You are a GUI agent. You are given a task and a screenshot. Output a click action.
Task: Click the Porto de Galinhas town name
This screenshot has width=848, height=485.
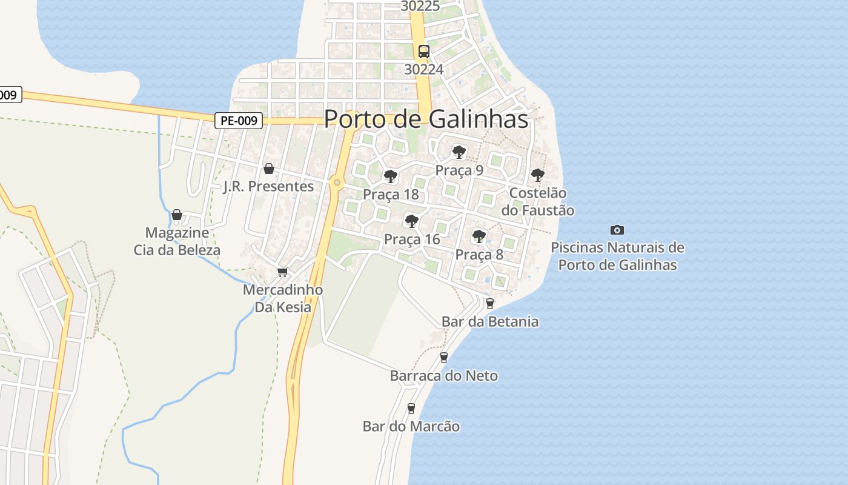point(426,119)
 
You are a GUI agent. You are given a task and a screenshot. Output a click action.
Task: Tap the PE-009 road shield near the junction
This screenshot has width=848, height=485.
point(239,121)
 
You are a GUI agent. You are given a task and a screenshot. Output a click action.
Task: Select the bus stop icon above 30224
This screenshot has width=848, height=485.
point(423,52)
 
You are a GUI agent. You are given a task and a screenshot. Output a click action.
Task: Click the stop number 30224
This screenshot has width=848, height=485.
point(423,69)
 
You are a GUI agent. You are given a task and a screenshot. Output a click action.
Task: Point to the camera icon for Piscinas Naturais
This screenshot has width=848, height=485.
point(617,230)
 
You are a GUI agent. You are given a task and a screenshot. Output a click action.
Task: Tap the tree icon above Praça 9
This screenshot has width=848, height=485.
point(459,152)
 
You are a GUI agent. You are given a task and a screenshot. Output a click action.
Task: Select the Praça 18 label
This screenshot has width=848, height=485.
point(391,195)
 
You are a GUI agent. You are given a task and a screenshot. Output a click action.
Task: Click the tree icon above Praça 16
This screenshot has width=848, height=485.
point(411,221)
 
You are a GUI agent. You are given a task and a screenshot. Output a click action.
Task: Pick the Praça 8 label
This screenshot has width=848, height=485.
point(479,255)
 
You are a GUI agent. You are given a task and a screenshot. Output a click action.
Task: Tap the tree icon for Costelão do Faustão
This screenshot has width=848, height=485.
point(537,175)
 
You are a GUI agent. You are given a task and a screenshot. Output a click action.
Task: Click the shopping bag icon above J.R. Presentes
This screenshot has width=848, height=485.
point(269,168)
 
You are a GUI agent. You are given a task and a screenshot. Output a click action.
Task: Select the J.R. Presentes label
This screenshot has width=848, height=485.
point(269,186)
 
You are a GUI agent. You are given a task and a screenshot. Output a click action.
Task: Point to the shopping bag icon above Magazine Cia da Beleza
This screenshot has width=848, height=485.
point(177,215)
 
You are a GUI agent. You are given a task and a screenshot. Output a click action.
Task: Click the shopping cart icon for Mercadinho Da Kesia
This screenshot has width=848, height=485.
point(282,272)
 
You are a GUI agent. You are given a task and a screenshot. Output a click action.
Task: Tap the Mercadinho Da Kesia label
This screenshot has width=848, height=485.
point(283,298)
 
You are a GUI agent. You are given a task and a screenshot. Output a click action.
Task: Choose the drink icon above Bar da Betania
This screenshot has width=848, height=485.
point(490,304)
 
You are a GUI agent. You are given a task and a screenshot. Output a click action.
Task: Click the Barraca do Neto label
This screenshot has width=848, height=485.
point(444,376)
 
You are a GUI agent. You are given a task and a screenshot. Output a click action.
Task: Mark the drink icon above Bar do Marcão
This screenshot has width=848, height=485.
point(411,408)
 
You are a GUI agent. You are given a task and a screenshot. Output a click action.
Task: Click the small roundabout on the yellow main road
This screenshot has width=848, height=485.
point(337,182)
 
